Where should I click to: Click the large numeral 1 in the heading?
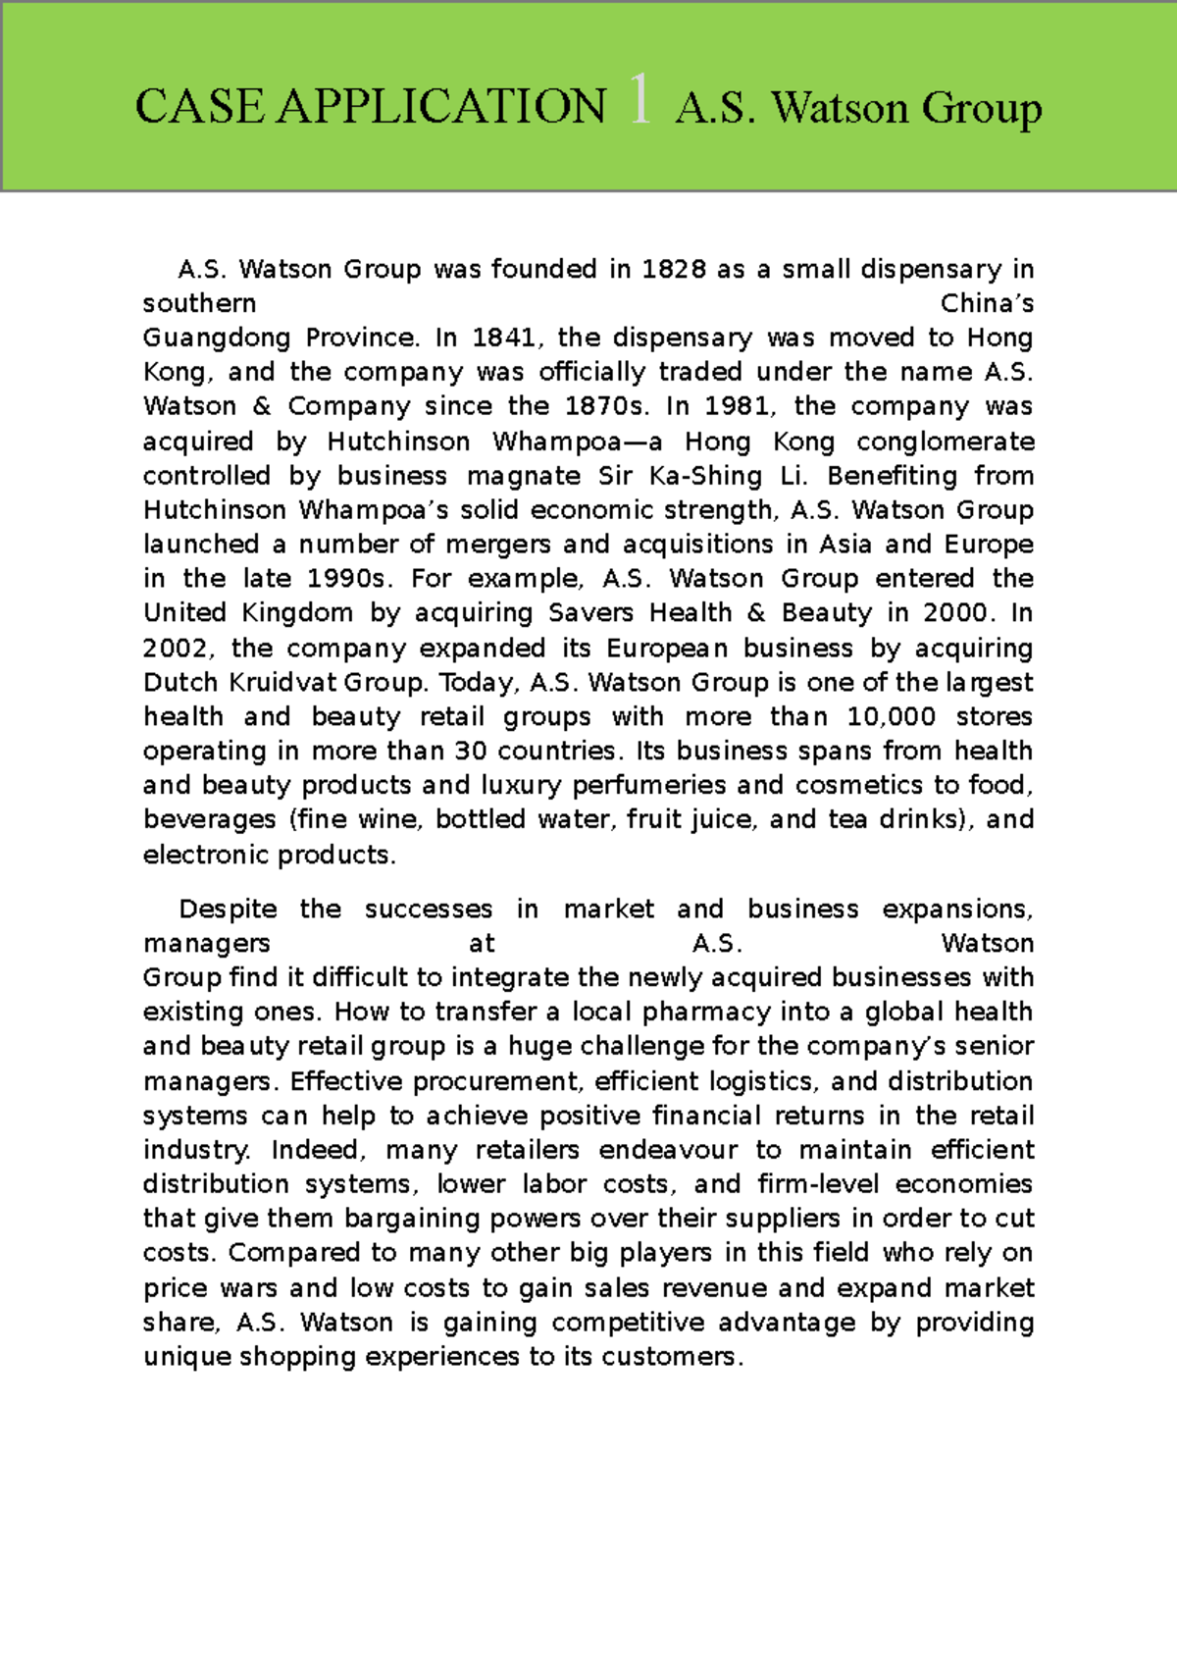tap(640, 101)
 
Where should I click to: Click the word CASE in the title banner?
tap(199, 106)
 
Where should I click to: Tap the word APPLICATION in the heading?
tap(441, 106)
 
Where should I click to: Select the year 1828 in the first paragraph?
tap(674, 269)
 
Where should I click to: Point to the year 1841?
tap(503, 338)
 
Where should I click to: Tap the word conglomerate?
tap(946, 442)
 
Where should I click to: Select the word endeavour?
tap(668, 1150)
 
